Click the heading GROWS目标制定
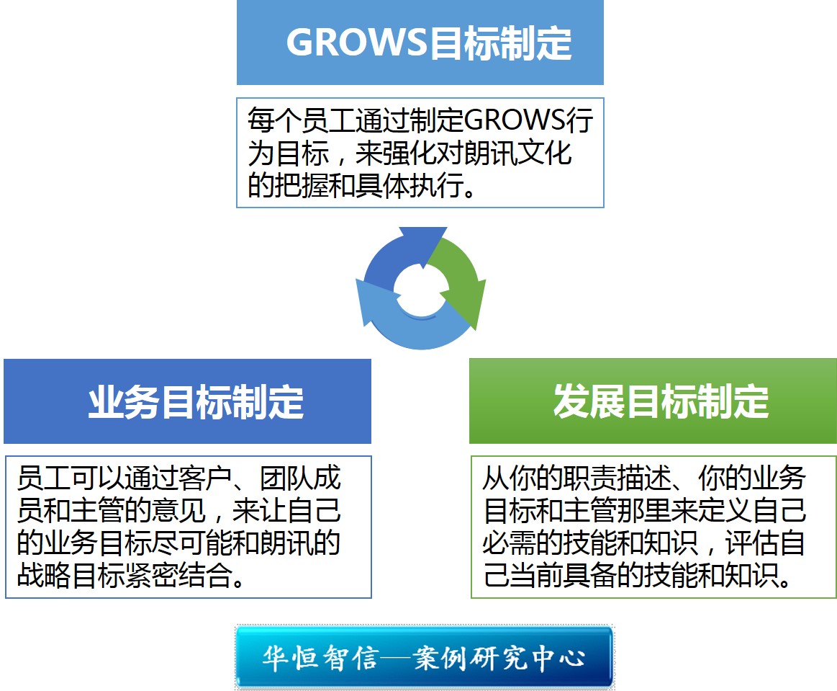click(429, 43)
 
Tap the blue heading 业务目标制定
click(195, 402)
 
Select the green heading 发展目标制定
click(660, 402)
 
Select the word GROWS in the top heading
click(357, 43)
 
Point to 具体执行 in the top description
click(420, 185)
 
